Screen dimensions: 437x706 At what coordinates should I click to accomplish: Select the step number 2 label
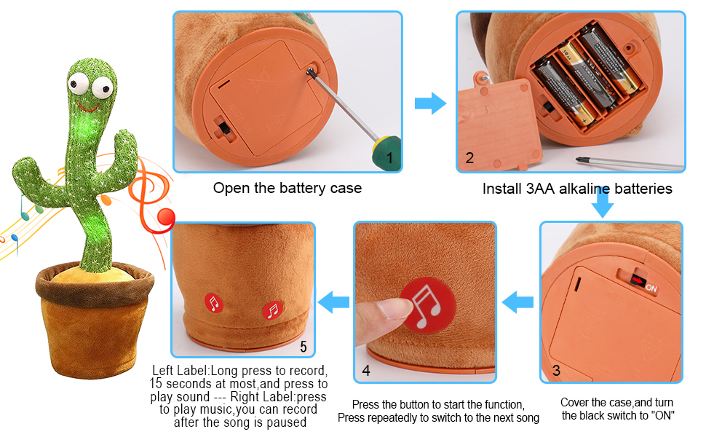pyautogui.click(x=469, y=158)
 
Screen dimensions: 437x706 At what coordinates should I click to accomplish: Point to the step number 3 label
pyautogui.click(x=556, y=370)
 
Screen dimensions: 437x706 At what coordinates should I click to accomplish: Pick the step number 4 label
pyautogui.click(x=366, y=370)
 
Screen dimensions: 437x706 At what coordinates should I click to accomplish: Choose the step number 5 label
pyautogui.click(x=303, y=345)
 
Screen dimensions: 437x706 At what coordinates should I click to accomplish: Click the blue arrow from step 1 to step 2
pyautogui.click(x=429, y=103)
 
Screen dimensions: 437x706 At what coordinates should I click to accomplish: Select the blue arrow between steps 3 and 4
pyautogui.click(x=518, y=301)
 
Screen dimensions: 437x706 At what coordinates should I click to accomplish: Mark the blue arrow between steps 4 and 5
pyautogui.click(x=336, y=300)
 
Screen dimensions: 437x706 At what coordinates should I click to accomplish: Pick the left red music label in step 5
pyautogui.click(x=213, y=303)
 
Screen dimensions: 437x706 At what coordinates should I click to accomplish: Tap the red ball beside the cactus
pyautogui.click(x=167, y=217)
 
